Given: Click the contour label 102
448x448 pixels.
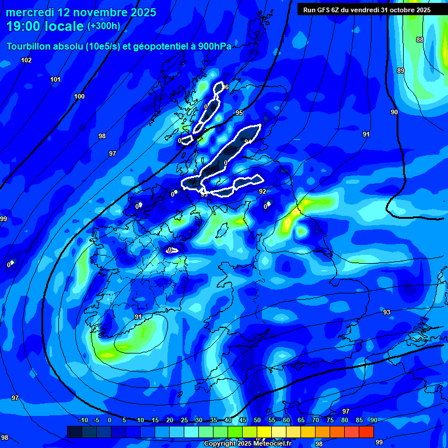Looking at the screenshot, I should coord(26,60).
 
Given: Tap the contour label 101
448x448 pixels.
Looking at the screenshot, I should coord(55,79).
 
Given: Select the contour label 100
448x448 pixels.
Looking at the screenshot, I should coord(79,96).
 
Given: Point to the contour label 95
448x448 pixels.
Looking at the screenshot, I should coord(239,113).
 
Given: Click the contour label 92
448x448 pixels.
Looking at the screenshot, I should coord(262,191).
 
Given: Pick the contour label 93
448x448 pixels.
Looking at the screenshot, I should coord(387,312).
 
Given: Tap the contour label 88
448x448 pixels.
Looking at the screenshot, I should coord(420,40).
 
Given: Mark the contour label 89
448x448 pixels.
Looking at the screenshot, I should coord(401,71).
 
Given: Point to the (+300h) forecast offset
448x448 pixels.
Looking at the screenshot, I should coord(104,26).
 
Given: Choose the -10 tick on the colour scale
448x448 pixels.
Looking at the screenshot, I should coord(83,420).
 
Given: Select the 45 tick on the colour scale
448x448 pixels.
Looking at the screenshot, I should coord(242,420).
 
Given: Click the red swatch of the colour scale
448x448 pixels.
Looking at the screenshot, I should coord(366,432).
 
